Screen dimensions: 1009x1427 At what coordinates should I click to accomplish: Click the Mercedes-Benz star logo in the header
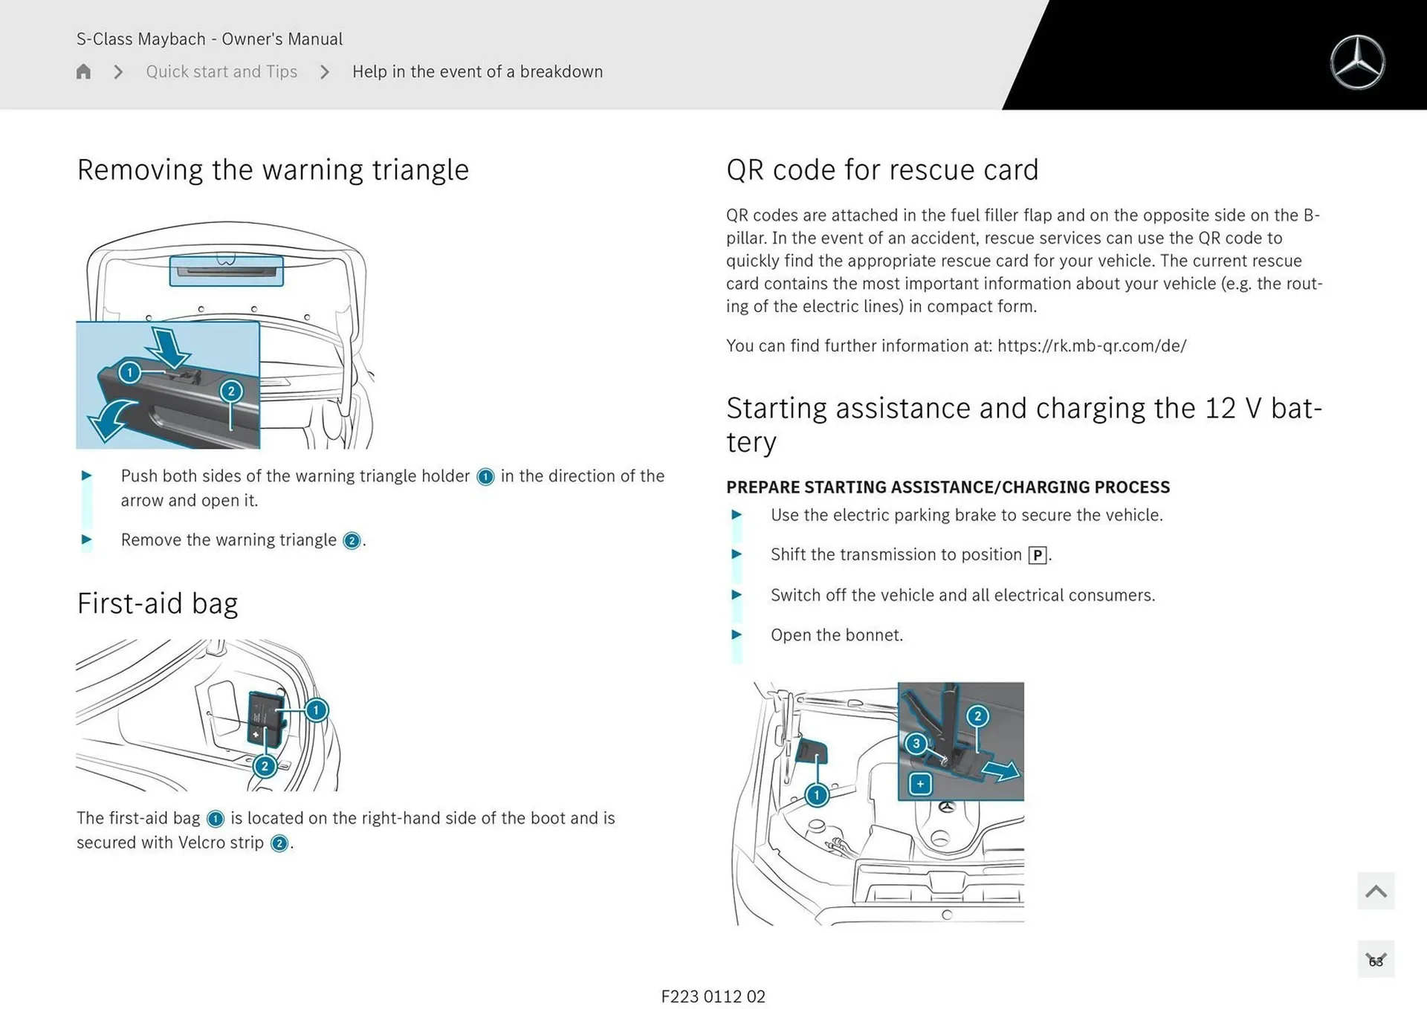click(x=1357, y=62)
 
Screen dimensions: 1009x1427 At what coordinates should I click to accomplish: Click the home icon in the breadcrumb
click(x=83, y=71)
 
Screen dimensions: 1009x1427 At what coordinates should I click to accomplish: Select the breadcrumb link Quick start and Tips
click(x=221, y=71)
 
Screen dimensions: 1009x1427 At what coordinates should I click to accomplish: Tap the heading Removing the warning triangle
click(x=273, y=170)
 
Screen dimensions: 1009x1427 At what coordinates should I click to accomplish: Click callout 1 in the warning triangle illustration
click(x=129, y=372)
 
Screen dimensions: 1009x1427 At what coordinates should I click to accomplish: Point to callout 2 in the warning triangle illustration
click(x=231, y=391)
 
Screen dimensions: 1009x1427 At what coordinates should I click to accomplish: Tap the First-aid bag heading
click(x=158, y=603)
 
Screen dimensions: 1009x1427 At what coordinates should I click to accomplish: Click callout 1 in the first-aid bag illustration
click(x=316, y=710)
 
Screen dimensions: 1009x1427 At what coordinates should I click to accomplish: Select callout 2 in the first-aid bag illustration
click(x=265, y=766)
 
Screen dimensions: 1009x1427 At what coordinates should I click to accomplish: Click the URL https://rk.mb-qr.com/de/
click(x=1091, y=346)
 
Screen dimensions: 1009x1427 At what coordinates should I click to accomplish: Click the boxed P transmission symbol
click(x=1038, y=555)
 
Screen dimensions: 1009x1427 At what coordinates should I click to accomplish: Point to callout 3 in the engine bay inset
click(x=916, y=743)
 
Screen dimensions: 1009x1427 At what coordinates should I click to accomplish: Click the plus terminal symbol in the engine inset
click(x=920, y=784)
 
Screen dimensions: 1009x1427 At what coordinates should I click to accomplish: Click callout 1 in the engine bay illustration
click(x=816, y=796)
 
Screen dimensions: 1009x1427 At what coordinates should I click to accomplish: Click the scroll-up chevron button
click(x=1375, y=891)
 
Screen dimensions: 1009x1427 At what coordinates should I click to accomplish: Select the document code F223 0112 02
click(x=713, y=996)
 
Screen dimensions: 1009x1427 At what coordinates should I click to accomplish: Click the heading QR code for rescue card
click(x=881, y=170)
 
